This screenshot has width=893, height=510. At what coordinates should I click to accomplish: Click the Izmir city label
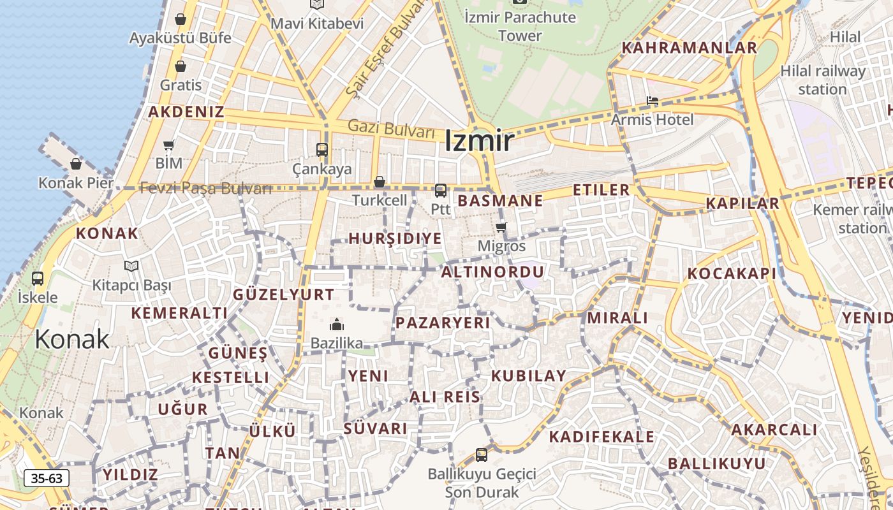tap(478, 141)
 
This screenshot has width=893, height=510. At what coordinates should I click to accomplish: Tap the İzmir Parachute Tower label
tap(520, 26)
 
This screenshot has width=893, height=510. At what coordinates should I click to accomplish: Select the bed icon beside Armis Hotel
tap(652, 101)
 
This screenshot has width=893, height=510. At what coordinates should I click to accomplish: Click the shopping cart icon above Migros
tap(501, 227)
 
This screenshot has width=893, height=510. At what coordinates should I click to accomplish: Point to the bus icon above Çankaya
tap(322, 150)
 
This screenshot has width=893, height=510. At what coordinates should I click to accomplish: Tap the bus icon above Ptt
tap(440, 191)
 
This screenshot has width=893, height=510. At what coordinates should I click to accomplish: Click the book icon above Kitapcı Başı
tap(131, 266)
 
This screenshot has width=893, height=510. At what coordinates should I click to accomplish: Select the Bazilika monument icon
tap(337, 324)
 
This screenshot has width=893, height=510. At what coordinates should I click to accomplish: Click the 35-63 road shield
tap(47, 478)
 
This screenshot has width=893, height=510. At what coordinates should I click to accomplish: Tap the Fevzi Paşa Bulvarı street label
tap(205, 188)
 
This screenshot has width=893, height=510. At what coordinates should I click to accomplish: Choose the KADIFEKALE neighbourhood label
tap(601, 437)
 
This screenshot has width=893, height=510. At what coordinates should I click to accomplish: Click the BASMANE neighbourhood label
tap(501, 201)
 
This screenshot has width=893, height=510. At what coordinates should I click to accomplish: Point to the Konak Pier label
tap(76, 183)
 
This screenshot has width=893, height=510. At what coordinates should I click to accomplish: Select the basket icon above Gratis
tap(181, 66)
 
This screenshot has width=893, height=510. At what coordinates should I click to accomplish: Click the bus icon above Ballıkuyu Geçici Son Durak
tap(482, 455)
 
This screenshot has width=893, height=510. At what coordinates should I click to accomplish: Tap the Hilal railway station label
tap(823, 80)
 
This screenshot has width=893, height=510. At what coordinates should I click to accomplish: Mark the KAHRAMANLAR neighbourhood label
tap(690, 48)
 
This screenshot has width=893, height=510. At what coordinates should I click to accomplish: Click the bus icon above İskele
tap(38, 279)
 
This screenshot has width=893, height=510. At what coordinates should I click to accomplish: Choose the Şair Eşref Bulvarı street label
tap(386, 48)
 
